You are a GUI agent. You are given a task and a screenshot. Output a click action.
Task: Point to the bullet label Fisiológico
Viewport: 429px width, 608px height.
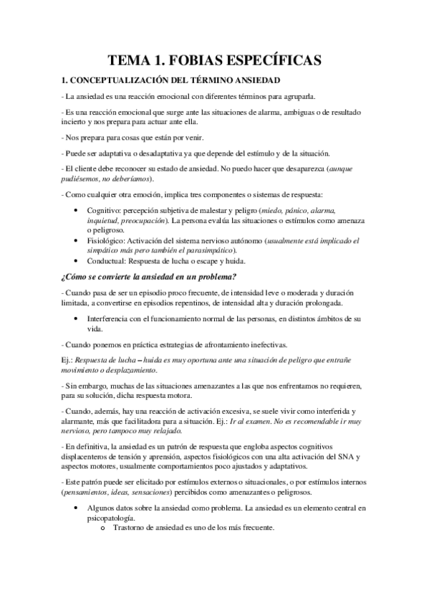[105, 241]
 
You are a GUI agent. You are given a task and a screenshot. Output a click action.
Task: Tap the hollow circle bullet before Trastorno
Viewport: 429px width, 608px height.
[104, 530]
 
